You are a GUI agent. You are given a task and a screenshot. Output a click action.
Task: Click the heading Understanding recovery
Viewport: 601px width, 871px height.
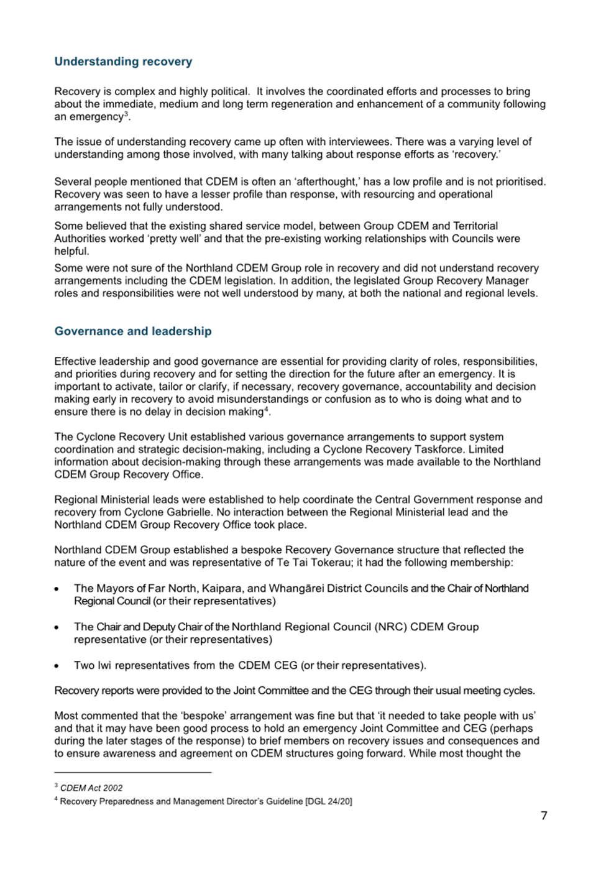[123, 62]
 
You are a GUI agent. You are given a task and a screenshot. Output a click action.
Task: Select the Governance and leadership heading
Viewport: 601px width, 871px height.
[132, 331]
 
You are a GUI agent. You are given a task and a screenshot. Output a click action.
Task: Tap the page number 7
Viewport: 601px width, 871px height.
[544, 816]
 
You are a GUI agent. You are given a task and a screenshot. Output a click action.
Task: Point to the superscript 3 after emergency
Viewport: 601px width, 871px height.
[126, 114]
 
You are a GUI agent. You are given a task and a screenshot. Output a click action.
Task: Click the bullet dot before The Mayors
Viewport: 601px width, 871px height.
[57, 589]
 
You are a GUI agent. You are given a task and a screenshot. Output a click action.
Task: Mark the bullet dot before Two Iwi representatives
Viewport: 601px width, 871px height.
[57, 666]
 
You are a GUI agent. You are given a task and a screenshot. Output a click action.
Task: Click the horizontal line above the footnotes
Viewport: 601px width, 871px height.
[133, 772]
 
